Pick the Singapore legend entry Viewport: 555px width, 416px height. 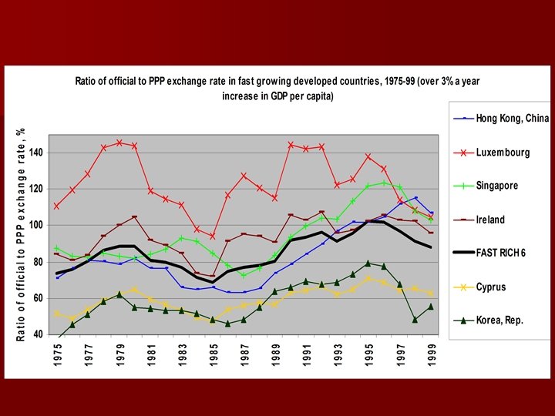[496, 186]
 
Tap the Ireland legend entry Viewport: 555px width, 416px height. [490, 220]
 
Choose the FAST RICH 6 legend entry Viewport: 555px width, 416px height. [500, 253]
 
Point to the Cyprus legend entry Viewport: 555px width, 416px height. [490, 287]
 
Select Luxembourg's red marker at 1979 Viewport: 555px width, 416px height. [119, 143]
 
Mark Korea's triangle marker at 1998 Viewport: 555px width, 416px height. [415, 319]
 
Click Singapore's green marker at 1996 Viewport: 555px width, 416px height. [385, 183]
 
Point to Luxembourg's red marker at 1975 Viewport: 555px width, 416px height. [56, 206]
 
